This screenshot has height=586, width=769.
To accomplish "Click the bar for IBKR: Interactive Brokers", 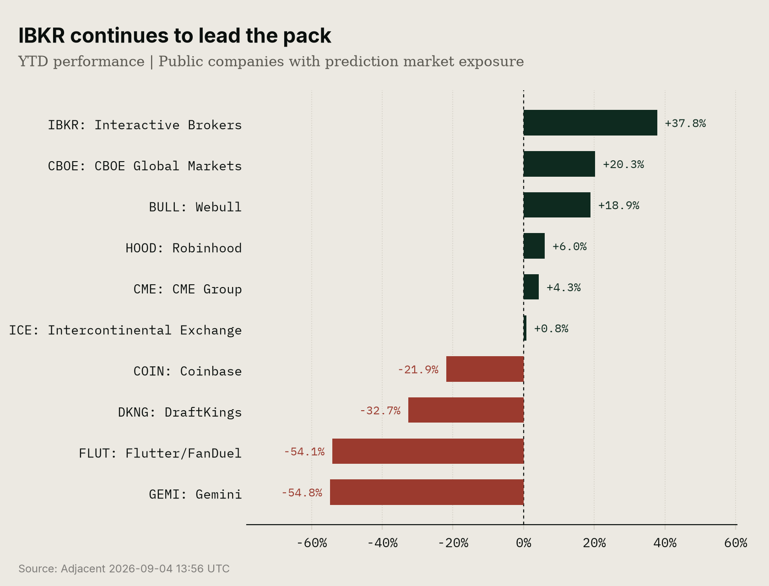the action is point(590,123).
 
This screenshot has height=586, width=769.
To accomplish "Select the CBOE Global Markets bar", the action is point(559,164).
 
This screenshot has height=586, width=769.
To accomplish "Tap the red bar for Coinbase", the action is point(485,369).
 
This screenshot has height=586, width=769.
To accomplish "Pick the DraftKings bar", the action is point(466,410).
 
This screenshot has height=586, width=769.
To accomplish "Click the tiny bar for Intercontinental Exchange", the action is point(525,328).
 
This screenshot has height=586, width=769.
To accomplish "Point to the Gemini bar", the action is point(427,492).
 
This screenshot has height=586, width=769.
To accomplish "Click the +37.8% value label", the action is point(685,123).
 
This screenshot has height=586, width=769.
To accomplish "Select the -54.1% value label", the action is point(304,451).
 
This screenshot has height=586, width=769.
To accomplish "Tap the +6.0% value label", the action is point(569,246).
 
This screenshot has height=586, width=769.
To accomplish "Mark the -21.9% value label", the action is point(418,369).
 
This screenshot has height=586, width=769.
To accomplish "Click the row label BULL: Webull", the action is point(195,207).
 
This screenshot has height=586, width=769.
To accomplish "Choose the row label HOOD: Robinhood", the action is point(184,248).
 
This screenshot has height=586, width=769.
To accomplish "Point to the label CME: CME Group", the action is point(187,289).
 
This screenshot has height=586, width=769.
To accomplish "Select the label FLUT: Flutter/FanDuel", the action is point(160,453).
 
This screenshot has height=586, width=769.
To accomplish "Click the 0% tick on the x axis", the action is point(524,543).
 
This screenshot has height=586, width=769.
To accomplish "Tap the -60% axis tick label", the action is point(311,543).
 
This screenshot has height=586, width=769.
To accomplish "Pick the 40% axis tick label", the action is point(665,543).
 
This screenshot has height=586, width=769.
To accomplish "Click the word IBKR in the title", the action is point(42,36).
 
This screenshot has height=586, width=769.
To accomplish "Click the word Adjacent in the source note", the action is point(83,569).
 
